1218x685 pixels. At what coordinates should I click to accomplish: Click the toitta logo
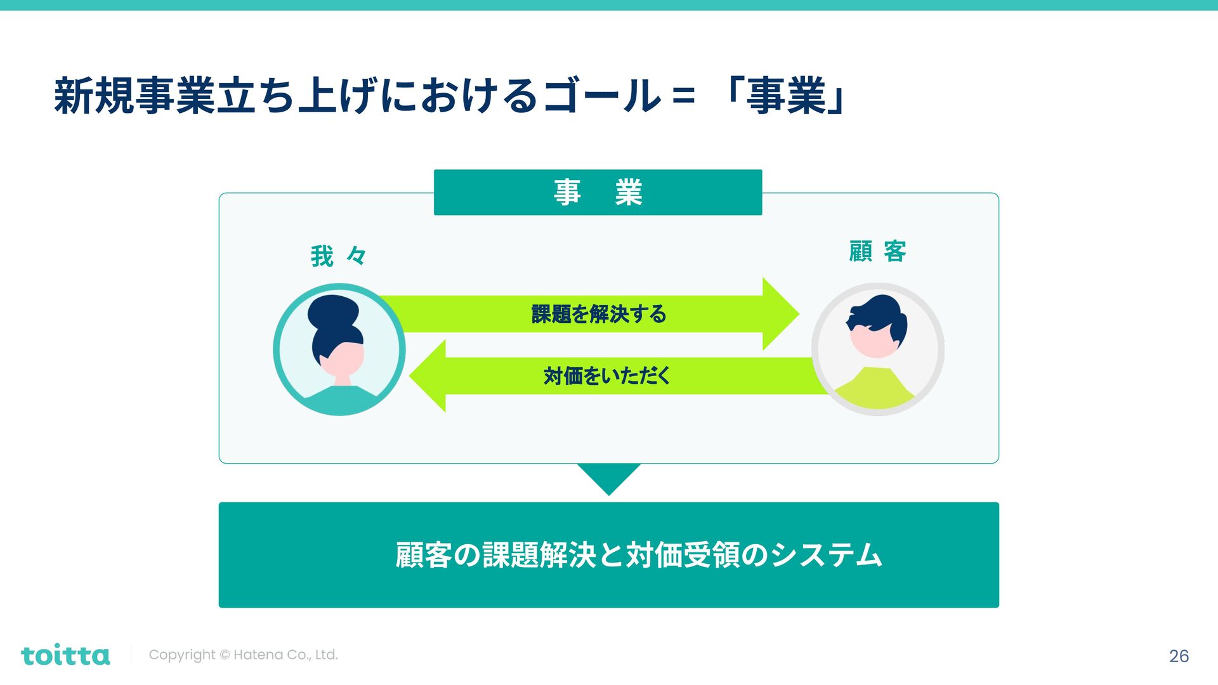pyautogui.click(x=65, y=655)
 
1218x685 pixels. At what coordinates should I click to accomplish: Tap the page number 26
pyautogui.click(x=1179, y=656)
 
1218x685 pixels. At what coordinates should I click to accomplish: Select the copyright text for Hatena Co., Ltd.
pyautogui.click(x=243, y=655)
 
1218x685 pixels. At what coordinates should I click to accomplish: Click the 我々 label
pyautogui.click(x=338, y=256)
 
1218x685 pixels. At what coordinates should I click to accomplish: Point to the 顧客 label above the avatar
pyautogui.click(x=877, y=251)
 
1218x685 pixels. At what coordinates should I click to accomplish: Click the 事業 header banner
pyautogui.click(x=598, y=192)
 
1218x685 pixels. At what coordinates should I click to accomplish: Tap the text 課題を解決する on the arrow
pyautogui.click(x=598, y=314)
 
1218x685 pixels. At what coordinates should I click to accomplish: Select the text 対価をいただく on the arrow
pyautogui.click(x=606, y=376)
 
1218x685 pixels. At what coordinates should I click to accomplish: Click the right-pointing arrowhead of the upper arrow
pyautogui.click(x=780, y=314)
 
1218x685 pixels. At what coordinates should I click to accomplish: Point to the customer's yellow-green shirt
pyautogui.click(x=875, y=389)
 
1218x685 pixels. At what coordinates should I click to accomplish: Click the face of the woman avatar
pyautogui.click(x=346, y=359)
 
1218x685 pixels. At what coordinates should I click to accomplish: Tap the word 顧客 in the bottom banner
pyautogui.click(x=423, y=555)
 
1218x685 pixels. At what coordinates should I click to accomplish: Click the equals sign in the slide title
pyautogui.click(x=683, y=97)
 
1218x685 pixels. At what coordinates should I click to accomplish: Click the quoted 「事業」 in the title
pyautogui.click(x=787, y=97)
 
